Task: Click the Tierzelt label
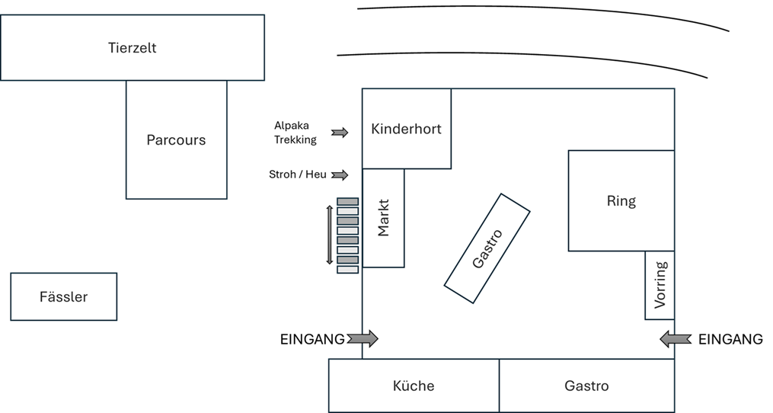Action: click(132, 48)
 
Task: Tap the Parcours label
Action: click(176, 140)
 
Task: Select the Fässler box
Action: click(63, 296)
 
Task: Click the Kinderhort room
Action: click(406, 128)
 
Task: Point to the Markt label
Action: click(383, 218)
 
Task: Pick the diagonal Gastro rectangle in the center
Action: click(487, 248)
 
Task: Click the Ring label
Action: click(621, 201)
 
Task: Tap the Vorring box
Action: click(660, 285)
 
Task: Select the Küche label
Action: click(414, 386)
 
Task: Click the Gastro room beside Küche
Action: click(586, 386)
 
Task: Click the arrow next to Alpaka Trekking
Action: click(340, 133)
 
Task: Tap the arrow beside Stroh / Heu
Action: click(340, 175)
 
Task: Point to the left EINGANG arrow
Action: click(363, 338)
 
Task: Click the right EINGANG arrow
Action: click(675, 338)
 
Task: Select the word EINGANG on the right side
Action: click(730, 340)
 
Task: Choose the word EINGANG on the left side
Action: click(312, 340)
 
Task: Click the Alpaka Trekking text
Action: click(295, 132)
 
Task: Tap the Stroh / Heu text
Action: click(297, 174)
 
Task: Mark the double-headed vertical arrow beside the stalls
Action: click(330, 235)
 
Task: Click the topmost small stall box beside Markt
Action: click(347, 201)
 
